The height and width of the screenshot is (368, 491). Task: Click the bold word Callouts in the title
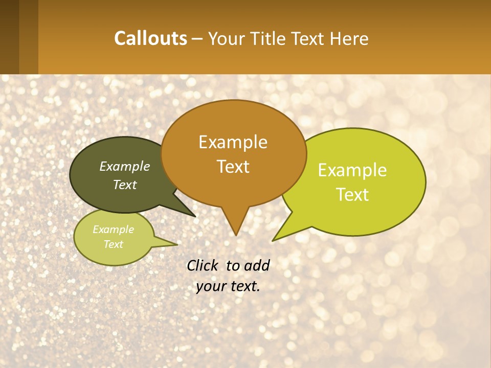click(x=151, y=38)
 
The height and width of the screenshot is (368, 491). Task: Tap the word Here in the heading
click(x=348, y=39)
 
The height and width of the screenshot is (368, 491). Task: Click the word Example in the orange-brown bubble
click(x=233, y=142)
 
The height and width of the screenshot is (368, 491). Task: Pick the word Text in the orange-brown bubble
click(x=233, y=167)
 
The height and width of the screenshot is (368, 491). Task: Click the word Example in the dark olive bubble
click(x=125, y=166)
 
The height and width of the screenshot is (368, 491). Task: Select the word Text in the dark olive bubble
click(x=125, y=185)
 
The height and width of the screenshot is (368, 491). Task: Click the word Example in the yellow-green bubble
click(x=352, y=170)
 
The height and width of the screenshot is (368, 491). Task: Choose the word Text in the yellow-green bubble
click(x=352, y=195)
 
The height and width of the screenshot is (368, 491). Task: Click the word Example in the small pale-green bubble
click(x=114, y=229)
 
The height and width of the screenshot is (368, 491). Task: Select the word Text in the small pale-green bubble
click(x=114, y=244)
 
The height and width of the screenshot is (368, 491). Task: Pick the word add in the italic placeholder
click(x=256, y=265)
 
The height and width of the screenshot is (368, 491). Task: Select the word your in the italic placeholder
click(x=210, y=286)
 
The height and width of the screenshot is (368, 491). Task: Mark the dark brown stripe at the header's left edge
click(x=9, y=37)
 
